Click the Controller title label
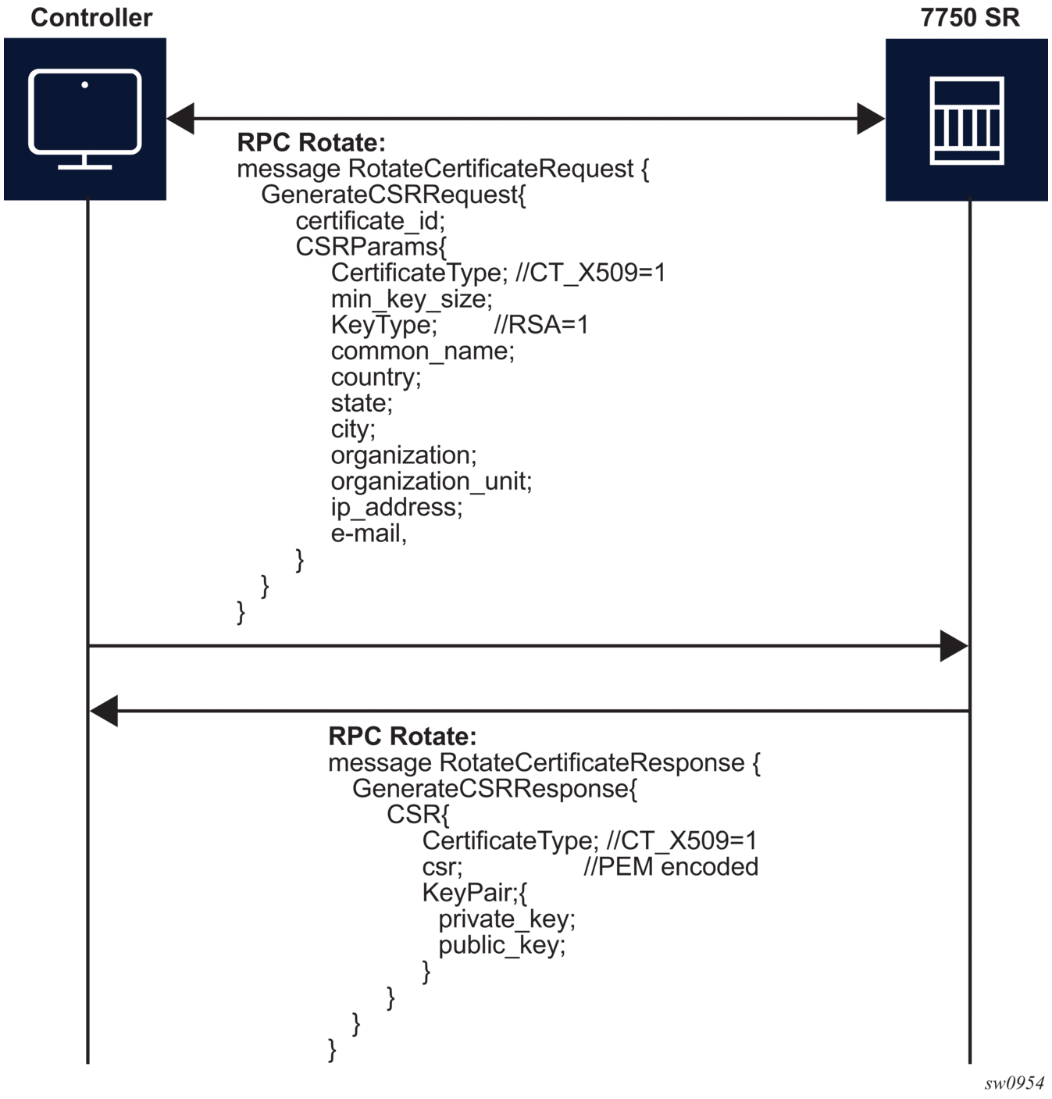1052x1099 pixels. (91, 18)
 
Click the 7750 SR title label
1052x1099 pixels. (969, 18)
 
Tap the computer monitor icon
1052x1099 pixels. (85, 119)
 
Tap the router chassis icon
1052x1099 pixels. (966, 120)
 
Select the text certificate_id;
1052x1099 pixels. (370, 221)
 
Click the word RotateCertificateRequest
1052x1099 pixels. (490, 169)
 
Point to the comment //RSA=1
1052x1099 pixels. (540, 325)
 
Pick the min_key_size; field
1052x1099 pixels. (412, 299)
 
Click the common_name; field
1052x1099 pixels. (423, 351)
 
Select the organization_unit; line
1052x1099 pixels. (431, 481)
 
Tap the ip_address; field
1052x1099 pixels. (397, 508)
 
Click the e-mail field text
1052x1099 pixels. (369, 533)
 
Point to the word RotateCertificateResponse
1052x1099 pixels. (592, 762)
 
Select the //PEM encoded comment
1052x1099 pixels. (671, 867)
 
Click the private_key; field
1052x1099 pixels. (507, 919)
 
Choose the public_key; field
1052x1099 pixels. (502, 946)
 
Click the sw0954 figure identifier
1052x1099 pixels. (1014, 1083)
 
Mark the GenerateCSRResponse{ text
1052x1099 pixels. (494, 789)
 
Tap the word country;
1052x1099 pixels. (376, 377)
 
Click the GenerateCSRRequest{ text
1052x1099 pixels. (394, 195)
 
